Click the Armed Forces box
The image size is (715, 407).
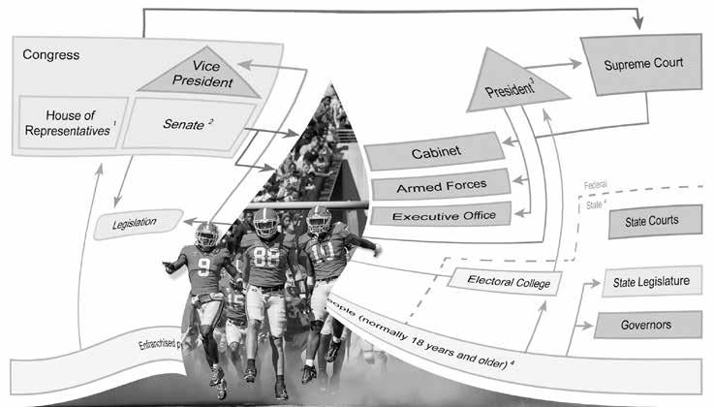pos(441,182)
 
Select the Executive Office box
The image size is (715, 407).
pos(441,213)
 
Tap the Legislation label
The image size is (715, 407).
pos(138,224)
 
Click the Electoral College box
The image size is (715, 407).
pos(500,282)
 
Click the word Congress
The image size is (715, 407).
pos(50,55)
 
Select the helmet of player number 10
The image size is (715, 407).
pos(319,220)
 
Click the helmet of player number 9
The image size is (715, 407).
pos(206,234)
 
